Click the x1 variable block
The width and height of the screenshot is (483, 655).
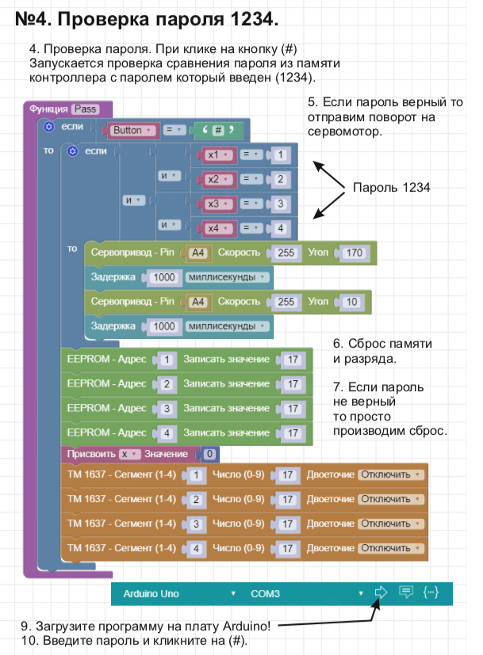216,155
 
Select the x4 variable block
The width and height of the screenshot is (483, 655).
216,229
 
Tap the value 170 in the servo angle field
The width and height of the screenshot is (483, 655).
355,253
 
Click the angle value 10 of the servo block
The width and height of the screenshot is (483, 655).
351,302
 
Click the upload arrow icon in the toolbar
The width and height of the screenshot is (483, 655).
381,592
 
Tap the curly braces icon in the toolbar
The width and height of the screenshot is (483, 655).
431,592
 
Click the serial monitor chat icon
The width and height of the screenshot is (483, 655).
406,592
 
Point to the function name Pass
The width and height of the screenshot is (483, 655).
85,109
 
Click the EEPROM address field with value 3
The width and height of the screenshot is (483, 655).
167,409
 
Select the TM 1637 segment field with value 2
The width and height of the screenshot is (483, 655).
194,499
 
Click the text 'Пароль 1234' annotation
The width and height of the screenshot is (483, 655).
391,188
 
